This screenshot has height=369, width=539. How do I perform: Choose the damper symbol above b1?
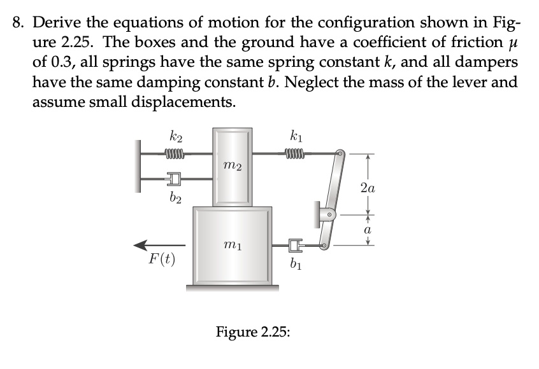(x=293, y=244)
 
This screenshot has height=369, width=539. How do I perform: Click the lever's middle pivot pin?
(x=330, y=214)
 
